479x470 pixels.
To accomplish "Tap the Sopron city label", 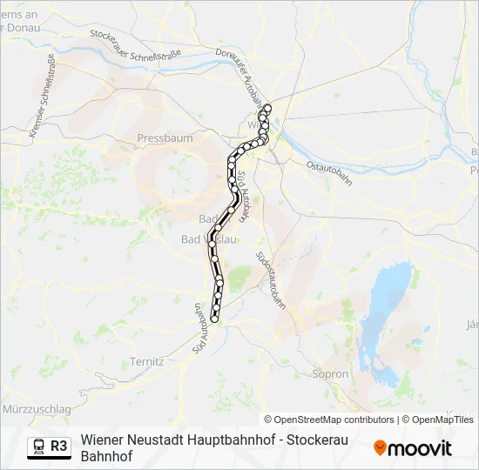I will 329,374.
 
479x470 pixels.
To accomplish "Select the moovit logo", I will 413,447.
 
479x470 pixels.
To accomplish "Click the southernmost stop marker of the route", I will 214,320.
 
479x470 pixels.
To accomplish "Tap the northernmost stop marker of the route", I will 267,108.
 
